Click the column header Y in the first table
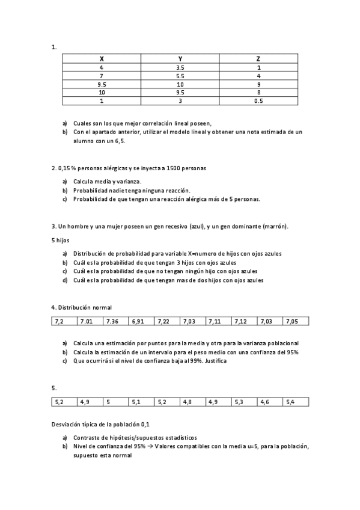[180, 59]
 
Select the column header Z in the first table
[258, 59]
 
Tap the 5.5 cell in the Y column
[180, 76]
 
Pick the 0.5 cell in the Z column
[258, 101]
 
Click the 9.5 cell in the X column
[102, 85]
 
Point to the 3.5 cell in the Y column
[180, 68]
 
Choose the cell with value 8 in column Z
[258, 93]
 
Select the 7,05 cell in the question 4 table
[292, 322]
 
